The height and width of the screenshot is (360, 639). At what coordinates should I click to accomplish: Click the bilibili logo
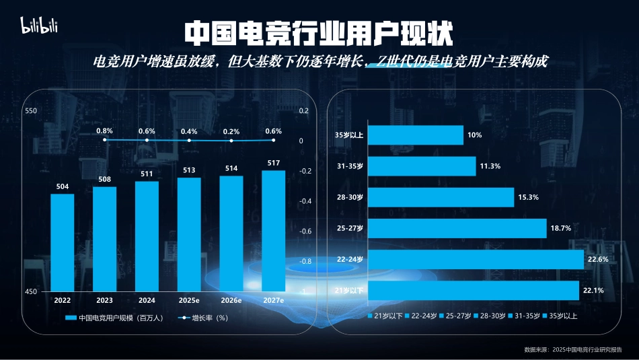click(x=40, y=26)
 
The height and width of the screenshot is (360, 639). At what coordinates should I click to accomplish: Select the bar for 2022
click(x=62, y=242)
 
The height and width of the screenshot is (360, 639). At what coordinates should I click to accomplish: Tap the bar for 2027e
click(x=273, y=230)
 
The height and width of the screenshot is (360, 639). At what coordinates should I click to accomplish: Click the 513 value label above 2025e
click(x=189, y=170)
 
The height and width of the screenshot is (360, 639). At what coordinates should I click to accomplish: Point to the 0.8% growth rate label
click(x=104, y=131)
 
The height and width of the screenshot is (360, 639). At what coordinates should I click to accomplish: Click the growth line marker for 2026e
click(x=231, y=141)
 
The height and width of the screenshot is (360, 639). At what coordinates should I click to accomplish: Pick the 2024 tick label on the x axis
click(x=147, y=301)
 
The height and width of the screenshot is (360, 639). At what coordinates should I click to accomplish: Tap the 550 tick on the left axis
click(x=31, y=111)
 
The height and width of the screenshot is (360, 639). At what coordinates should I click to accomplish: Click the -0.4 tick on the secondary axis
click(x=305, y=201)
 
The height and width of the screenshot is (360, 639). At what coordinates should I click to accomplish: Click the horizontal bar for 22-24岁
click(x=476, y=259)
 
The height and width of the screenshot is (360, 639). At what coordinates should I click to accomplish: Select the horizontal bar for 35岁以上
click(x=416, y=135)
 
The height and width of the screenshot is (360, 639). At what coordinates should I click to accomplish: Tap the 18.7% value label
click(x=560, y=228)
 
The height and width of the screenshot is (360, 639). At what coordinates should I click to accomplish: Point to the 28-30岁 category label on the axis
click(x=350, y=197)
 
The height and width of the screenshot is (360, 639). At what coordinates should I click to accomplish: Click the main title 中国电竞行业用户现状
click(x=319, y=32)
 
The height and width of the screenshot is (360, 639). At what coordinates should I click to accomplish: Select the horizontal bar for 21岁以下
click(x=474, y=290)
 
